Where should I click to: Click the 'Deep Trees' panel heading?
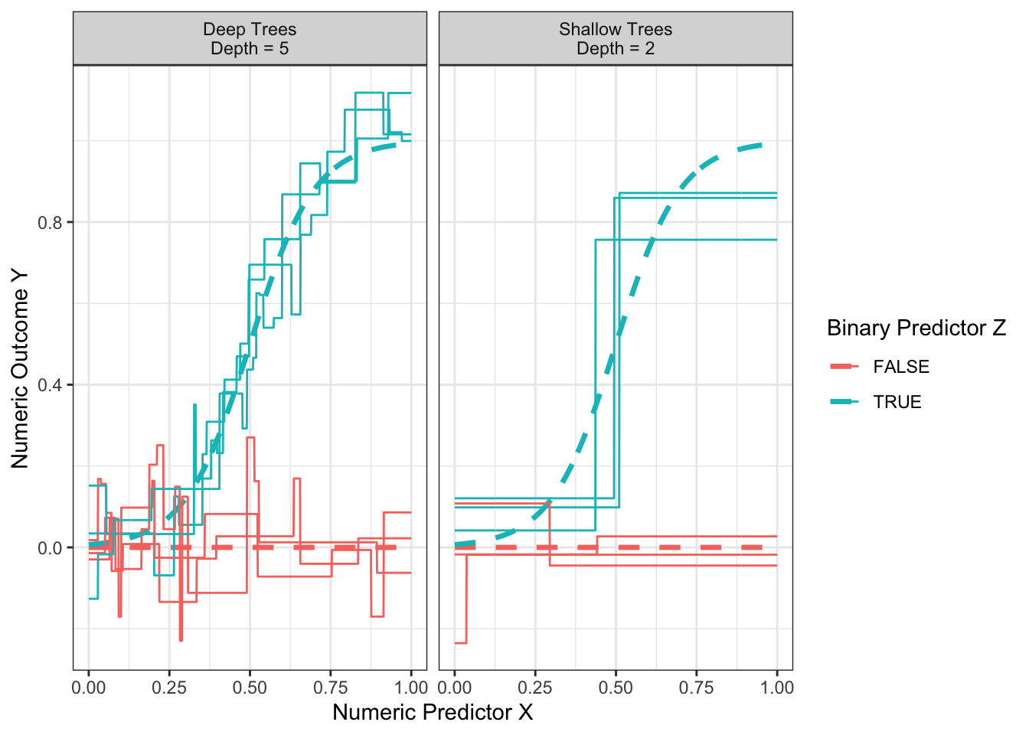click(250, 29)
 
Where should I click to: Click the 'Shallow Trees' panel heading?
click(616, 29)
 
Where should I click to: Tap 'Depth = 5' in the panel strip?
click(250, 49)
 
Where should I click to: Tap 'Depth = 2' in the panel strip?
click(616, 49)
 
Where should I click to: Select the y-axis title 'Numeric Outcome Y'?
click(20, 367)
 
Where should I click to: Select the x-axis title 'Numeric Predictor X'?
click(433, 713)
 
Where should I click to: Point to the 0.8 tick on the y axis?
click(52, 223)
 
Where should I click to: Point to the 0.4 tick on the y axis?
click(52, 385)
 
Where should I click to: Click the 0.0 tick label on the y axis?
click(52, 548)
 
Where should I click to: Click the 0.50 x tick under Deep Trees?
click(250, 688)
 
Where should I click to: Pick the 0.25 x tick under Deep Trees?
click(169, 688)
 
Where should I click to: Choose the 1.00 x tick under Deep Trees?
click(412, 688)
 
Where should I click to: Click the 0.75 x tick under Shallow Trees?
click(697, 688)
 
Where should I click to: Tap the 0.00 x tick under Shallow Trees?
click(455, 688)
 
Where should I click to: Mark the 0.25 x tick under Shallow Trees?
click(535, 688)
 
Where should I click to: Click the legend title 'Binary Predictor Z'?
click(916, 328)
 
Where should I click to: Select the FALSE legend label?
click(901, 367)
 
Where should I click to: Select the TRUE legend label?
click(897, 403)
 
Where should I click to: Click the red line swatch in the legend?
click(844, 367)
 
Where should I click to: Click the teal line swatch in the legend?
click(844, 402)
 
